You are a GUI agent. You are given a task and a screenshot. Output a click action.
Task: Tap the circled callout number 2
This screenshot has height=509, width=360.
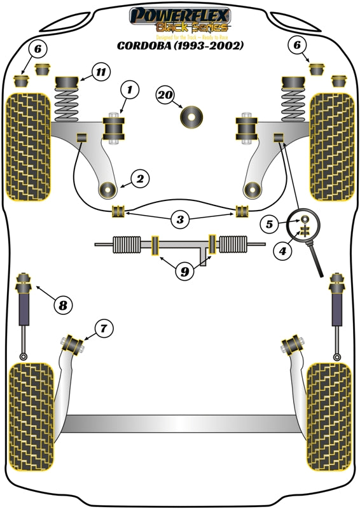click(140, 179)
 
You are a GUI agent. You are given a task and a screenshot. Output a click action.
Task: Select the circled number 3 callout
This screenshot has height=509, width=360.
click(181, 221)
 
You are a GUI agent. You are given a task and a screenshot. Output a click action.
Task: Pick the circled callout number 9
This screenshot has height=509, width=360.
click(184, 272)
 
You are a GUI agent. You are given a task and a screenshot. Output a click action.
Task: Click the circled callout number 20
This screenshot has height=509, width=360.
click(165, 95)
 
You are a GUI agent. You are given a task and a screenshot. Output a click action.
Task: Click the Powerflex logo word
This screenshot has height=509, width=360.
click(180, 14)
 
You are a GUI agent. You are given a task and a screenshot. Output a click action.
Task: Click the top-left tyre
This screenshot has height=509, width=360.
click(27, 146)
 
